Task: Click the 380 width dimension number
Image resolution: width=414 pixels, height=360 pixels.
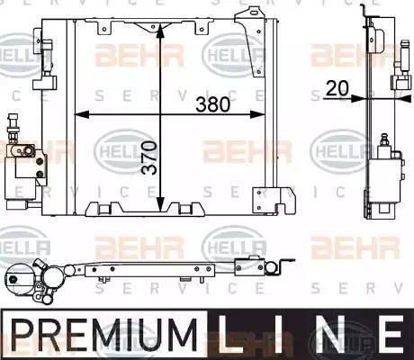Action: pyautogui.click(x=212, y=103)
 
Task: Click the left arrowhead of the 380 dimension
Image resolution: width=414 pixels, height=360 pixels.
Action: pyautogui.click(x=77, y=115)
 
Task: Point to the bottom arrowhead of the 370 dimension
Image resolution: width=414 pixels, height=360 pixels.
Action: pyautogui.click(x=159, y=205)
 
